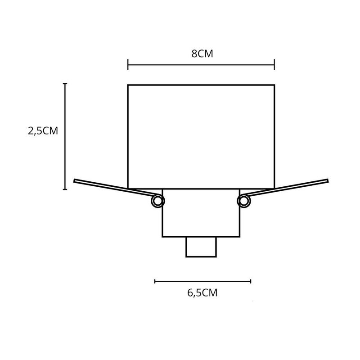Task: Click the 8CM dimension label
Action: pyautogui.click(x=202, y=54)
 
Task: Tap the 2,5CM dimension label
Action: pyautogui.click(x=43, y=131)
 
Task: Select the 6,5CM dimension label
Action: pyautogui.click(x=202, y=293)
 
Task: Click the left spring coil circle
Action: pyautogui.click(x=157, y=201)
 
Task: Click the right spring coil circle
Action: pyautogui.click(x=243, y=201)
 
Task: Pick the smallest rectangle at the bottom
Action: pyautogui.click(x=201, y=247)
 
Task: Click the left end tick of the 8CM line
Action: pyautogui.click(x=128, y=65)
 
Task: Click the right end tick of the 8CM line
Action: pyautogui.click(x=274, y=65)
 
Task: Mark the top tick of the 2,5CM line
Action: pyautogui.click(x=65, y=84)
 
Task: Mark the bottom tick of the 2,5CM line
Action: pyautogui.click(x=65, y=189)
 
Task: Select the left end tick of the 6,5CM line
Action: pyautogui.click(x=155, y=281)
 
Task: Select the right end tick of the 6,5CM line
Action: pyautogui.click(x=251, y=281)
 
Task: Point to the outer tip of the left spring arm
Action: pyautogui.click(x=75, y=181)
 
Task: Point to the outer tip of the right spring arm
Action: pyautogui.click(x=328, y=180)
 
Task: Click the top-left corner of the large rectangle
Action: pyautogui.click(x=128, y=85)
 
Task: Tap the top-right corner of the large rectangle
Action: pyautogui.click(x=274, y=85)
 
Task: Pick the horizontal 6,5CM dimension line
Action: pyautogui.click(x=202, y=281)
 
